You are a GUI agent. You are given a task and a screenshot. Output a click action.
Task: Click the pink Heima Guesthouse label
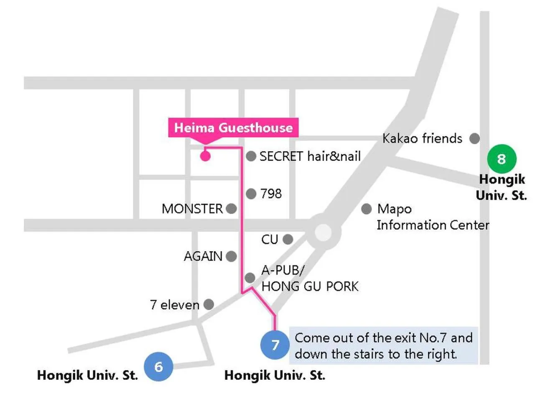[x=233, y=128]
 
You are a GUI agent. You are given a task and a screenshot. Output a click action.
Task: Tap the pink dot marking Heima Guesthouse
[x=205, y=156]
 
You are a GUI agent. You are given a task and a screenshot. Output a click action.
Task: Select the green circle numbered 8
[x=502, y=159]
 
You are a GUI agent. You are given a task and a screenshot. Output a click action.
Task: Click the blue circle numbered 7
[x=275, y=345]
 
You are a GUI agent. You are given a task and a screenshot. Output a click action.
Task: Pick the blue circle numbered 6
[x=158, y=367]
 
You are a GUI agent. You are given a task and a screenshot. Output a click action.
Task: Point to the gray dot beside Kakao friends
[x=474, y=138]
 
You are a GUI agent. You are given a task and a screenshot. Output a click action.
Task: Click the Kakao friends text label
[x=422, y=139]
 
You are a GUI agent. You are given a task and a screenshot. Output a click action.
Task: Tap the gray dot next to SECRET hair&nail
[x=251, y=156]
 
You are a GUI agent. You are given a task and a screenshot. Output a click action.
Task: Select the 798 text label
[x=271, y=193]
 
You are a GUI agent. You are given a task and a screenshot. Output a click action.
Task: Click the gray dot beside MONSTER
[x=231, y=209]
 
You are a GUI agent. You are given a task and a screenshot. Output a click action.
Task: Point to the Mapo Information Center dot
[x=366, y=209]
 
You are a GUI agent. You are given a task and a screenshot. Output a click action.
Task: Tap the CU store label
[x=270, y=240]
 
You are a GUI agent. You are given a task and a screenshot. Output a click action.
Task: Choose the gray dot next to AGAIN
[x=231, y=256]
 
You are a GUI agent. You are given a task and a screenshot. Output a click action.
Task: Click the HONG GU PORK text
[x=310, y=286]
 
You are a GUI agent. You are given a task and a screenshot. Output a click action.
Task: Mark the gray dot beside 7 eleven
[x=209, y=304]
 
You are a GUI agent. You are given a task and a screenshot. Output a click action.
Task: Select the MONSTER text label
[x=192, y=209]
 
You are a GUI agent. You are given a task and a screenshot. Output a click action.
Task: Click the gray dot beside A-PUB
[x=250, y=277]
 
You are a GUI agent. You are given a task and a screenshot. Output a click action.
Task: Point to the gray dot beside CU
[x=288, y=239]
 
